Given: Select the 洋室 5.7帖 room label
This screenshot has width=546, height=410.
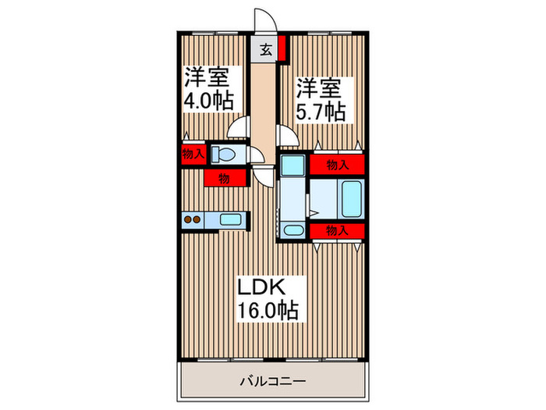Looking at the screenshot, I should [x=320, y=98].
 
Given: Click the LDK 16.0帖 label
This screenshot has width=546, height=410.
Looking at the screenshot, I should [x=268, y=298].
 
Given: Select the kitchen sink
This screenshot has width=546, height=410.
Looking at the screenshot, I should [x=231, y=219].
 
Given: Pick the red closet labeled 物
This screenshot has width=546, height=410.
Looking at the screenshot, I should [x=223, y=179].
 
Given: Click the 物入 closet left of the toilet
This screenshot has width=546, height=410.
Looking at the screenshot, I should [x=193, y=154].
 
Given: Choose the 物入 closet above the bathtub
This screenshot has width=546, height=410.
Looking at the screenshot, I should [x=336, y=164].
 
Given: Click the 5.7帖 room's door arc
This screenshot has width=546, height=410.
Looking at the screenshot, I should [x=287, y=135].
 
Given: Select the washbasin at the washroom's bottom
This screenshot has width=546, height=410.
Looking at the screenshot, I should [x=293, y=230].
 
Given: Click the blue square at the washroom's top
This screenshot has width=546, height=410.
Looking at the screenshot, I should [x=293, y=166].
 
